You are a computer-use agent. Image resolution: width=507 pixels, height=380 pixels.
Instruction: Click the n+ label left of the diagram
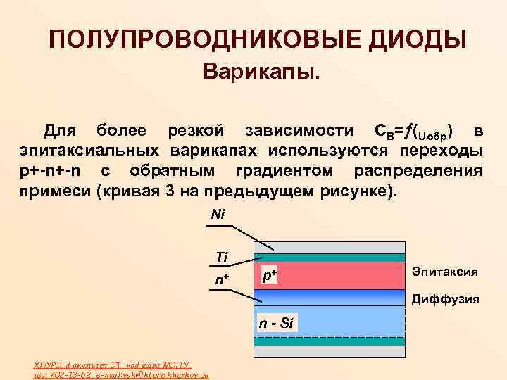[222, 280]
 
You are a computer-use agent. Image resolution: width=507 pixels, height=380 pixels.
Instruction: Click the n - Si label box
[275, 323]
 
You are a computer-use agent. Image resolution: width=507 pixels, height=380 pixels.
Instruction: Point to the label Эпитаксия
[445, 271]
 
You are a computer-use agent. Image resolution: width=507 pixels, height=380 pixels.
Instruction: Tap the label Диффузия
[445, 298]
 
